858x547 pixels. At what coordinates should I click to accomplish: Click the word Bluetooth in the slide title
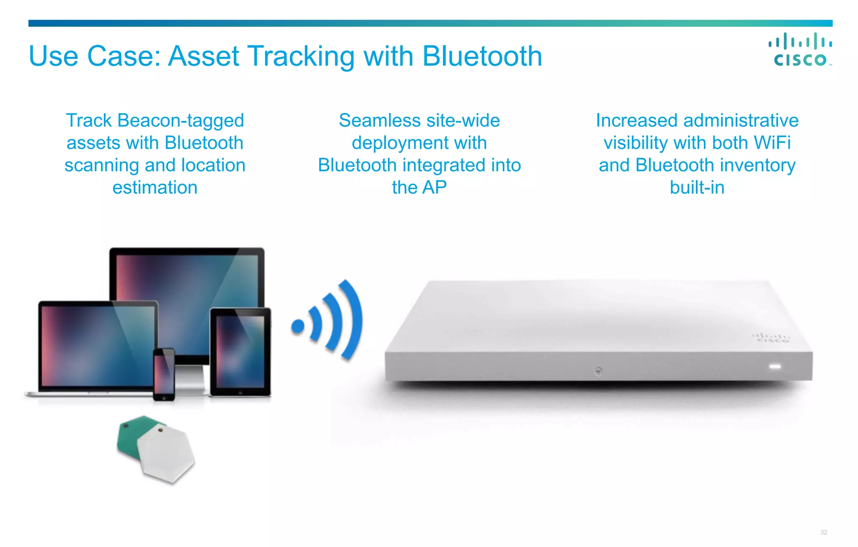point(482,56)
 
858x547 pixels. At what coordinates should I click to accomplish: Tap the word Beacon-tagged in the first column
point(181,121)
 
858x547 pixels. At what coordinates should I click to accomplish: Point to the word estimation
point(155,187)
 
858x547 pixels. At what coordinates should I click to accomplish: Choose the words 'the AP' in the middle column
point(419,187)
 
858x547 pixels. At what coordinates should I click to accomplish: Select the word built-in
point(697,187)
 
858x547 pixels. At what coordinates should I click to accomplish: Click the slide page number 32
point(824,532)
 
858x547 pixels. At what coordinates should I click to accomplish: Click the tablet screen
point(240,351)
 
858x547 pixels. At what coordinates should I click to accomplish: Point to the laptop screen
point(97,345)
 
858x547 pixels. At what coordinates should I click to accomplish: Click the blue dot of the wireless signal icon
point(298,326)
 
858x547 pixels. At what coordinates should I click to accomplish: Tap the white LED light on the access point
point(775,367)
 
